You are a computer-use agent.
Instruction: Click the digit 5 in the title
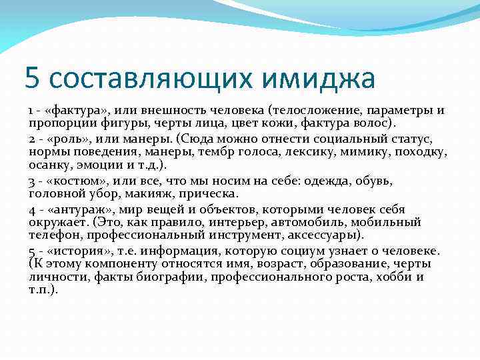pos(32,78)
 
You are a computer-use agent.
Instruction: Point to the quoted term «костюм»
pos(74,181)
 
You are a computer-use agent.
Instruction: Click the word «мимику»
pos(366,153)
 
